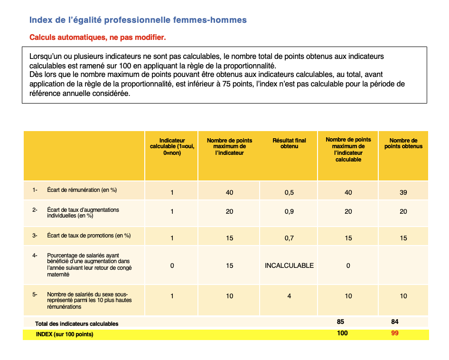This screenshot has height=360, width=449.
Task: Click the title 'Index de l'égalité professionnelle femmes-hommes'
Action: pos(138,20)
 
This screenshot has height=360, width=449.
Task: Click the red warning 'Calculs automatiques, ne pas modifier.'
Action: pos(97,37)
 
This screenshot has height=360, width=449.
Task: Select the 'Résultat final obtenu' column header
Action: pos(289,143)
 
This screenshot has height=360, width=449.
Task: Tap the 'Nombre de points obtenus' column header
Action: pos(403,143)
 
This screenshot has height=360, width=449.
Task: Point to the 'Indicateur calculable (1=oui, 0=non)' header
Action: pos(172,147)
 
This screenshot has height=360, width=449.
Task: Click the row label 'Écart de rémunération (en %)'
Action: pos(82,190)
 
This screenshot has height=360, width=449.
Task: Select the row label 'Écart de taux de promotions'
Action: pos(89,236)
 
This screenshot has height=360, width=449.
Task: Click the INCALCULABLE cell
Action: pos(289,265)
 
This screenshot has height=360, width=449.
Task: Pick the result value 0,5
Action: pos(289,192)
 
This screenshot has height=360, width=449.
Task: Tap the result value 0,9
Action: pos(289,211)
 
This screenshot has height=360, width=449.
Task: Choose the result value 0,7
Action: pos(289,238)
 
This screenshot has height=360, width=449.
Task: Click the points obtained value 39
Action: pos(403,192)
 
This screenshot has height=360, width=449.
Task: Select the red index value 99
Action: pos(394,333)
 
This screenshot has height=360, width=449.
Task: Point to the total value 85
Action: pos(340,322)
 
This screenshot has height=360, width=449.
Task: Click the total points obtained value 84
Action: pos(394,322)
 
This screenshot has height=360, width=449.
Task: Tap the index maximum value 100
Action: pos(342,333)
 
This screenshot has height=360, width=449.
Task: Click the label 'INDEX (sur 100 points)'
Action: pos(65,334)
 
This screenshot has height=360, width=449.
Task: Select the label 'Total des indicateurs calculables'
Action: pos(76,323)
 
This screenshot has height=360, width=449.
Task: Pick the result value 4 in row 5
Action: pos(289,296)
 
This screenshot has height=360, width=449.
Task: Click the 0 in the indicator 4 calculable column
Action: pos(172,265)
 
